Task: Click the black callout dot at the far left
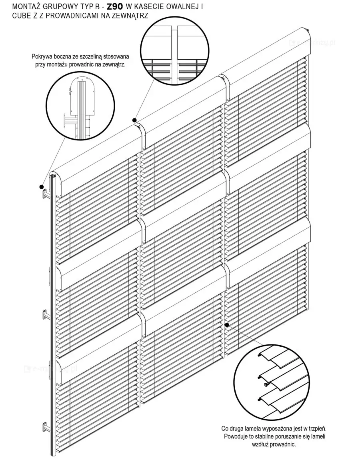coord(41,187)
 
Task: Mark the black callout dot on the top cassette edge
coord(135,120)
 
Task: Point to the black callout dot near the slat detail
coord(226,325)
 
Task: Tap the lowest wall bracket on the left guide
coord(46,427)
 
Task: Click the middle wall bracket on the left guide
coord(46,315)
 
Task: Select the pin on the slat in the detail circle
coord(265,384)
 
